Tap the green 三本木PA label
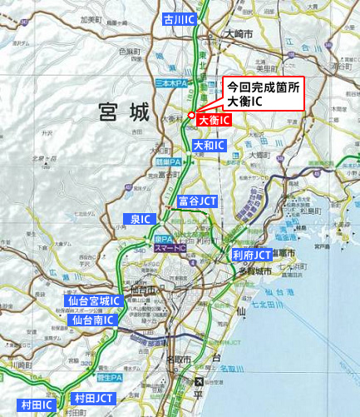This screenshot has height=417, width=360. point(171,84)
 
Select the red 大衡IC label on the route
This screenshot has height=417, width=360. point(214,121)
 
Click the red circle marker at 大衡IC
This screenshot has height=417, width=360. point(191,115)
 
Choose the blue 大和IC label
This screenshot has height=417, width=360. point(209,146)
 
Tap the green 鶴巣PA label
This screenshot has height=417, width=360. point(169,162)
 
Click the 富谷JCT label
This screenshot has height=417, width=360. point(197,201)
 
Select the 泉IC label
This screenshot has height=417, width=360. point(141,219)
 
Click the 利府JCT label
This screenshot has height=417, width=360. point(252,254)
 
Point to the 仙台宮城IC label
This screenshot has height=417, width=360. point(94,300)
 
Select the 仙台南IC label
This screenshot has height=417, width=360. point(93,319)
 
